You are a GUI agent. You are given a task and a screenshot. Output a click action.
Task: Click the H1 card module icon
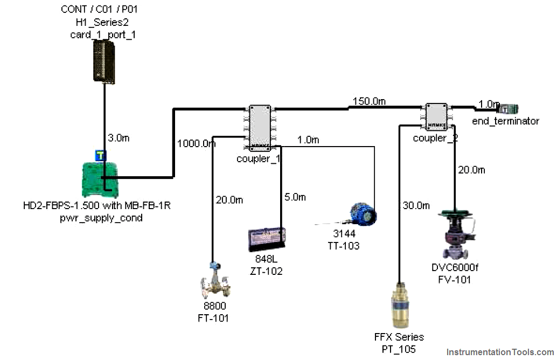coord(105,61)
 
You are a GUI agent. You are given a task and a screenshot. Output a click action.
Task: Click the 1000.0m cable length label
coord(196,143)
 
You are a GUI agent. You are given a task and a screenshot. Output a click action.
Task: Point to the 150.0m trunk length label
coord(370,101)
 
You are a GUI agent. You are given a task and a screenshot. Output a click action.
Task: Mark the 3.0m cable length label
coord(119,138)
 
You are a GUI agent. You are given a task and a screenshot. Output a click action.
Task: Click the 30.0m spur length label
coord(416,205)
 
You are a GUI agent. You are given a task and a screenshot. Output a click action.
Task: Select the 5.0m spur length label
coord(295,197)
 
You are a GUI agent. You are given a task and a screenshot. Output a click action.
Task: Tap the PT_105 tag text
coord(399,349)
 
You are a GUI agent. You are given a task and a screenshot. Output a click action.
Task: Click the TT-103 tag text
coord(344,246)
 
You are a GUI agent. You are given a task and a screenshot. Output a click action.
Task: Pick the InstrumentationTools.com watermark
coord(500,352)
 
